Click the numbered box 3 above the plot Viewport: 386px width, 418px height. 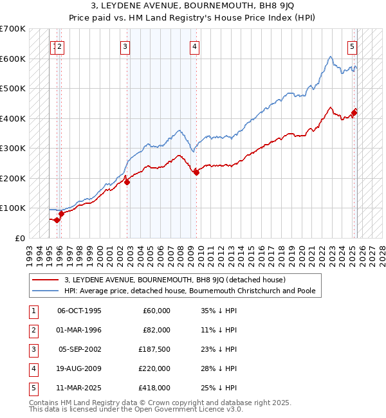click(125, 46)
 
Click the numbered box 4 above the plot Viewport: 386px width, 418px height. click(194, 46)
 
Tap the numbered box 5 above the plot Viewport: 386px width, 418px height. click(353, 46)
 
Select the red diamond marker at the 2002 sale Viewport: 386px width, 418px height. click(127, 182)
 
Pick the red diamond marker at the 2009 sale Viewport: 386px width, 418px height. click(196, 172)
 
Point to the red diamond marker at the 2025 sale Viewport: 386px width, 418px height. click(354, 113)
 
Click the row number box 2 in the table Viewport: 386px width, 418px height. click(33, 330)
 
